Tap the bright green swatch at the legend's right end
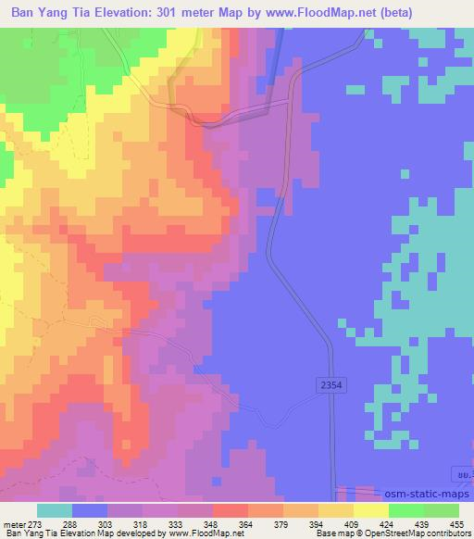[x=442, y=510]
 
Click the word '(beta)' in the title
[x=411, y=12]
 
